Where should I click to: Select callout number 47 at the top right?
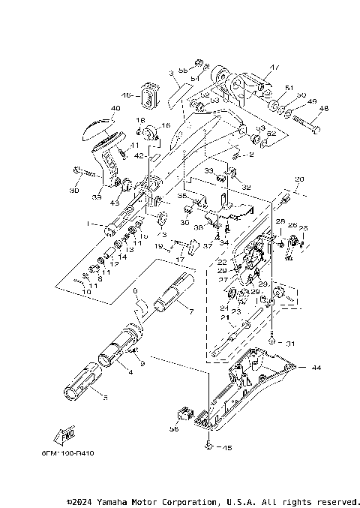click(274, 68)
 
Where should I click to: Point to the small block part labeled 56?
click(183, 413)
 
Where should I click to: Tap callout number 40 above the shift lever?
click(115, 107)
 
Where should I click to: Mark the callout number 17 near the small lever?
click(179, 259)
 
